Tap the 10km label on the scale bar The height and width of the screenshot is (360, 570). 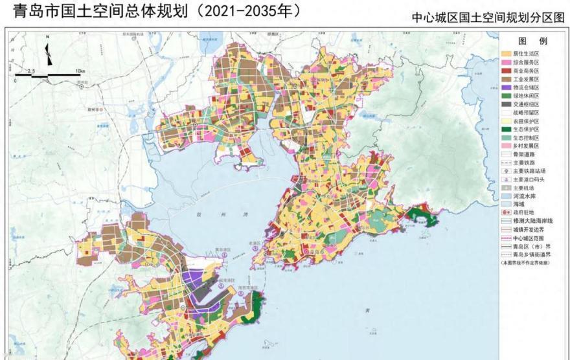point(80,71)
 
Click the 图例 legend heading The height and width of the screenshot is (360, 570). point(531,40)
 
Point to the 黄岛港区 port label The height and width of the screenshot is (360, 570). point(223,249)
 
